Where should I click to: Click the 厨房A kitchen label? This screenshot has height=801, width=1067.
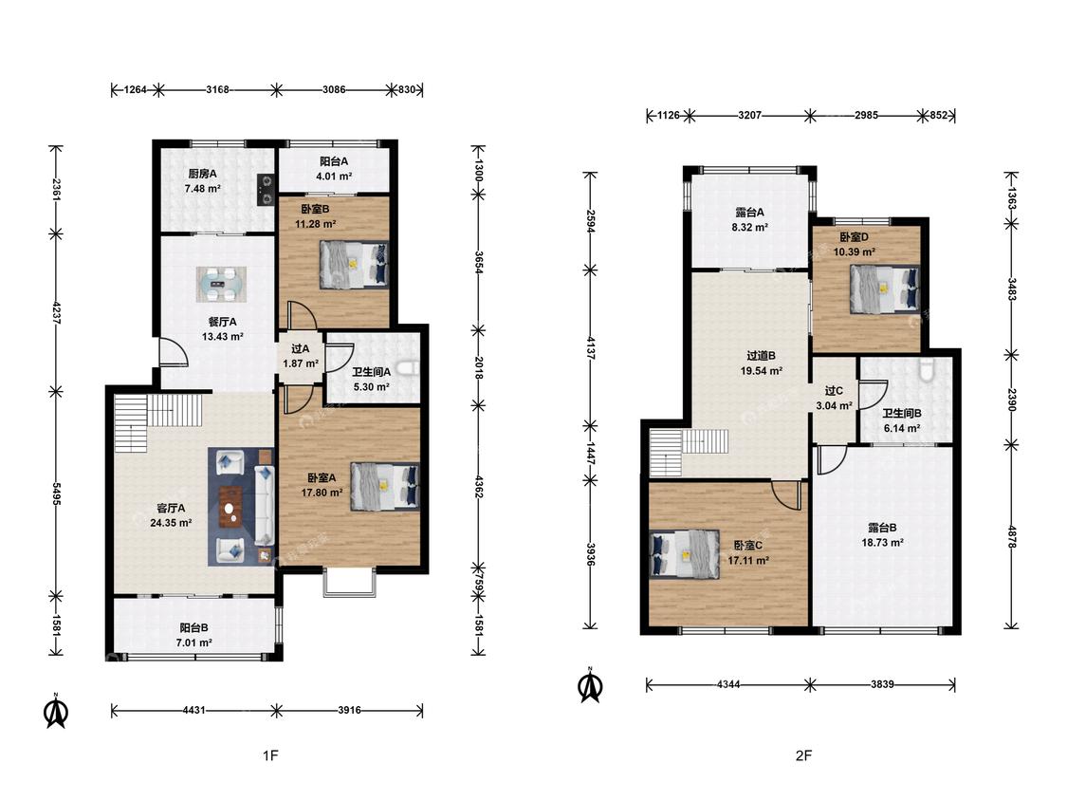202,174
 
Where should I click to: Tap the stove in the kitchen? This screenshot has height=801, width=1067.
266,190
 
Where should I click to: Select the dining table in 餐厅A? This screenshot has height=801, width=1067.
221,284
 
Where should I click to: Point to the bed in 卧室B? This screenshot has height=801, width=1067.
354,265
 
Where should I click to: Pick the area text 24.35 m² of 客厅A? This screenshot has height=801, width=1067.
170,523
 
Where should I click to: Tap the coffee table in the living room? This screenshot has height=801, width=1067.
232,507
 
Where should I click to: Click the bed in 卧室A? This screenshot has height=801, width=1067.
384,486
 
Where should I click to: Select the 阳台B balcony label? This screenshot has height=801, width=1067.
193,628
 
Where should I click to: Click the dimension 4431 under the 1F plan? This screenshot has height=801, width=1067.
193,710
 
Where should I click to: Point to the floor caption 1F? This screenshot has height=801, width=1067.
270,755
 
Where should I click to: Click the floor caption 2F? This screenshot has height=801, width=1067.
803,755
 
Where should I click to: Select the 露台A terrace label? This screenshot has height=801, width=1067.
750,213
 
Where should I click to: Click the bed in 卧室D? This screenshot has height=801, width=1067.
885,289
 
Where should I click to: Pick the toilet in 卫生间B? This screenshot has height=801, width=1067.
927,369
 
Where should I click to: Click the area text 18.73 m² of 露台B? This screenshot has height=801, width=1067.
883,543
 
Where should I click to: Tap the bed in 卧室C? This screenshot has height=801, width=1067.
685,553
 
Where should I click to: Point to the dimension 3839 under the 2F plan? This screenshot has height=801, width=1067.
882,684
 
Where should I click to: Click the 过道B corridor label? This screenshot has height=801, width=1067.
761,356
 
